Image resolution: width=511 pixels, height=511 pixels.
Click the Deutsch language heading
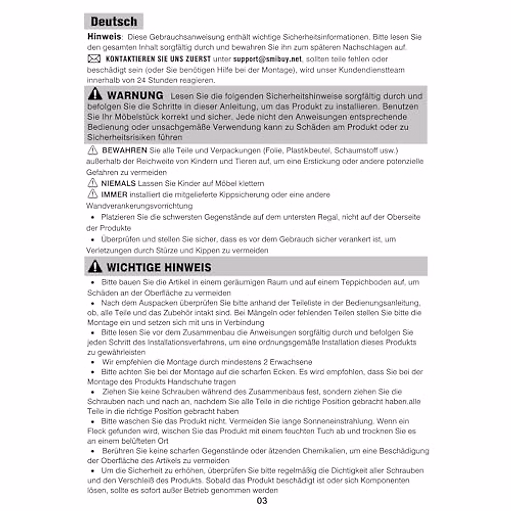coord(114,21)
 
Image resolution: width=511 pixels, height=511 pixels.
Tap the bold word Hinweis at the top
coord(104,37)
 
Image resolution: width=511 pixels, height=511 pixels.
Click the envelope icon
coord(94,59)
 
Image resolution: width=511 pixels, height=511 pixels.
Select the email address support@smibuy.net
coord(267,59)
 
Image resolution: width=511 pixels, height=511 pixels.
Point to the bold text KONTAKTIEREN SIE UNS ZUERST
coord(158,59)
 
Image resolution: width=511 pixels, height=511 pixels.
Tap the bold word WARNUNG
coord(135,95)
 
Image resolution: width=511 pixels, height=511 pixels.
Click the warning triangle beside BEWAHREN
coord(92,150)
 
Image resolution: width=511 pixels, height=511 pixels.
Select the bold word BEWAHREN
coord(124,150)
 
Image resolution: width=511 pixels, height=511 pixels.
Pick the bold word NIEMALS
coord(118,184)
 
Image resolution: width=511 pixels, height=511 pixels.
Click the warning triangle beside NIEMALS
coord(92,184)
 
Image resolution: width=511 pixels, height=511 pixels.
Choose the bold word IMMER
coord(114,195)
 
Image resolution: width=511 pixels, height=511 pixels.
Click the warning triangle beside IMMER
coord(92,195)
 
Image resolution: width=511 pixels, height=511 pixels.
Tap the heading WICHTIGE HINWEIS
coord(159,267)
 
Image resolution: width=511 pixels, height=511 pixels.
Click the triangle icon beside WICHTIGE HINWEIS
coord(95,267)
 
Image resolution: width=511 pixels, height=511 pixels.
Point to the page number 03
coord(262,501)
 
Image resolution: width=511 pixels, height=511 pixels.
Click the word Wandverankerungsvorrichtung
coord(139,206)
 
